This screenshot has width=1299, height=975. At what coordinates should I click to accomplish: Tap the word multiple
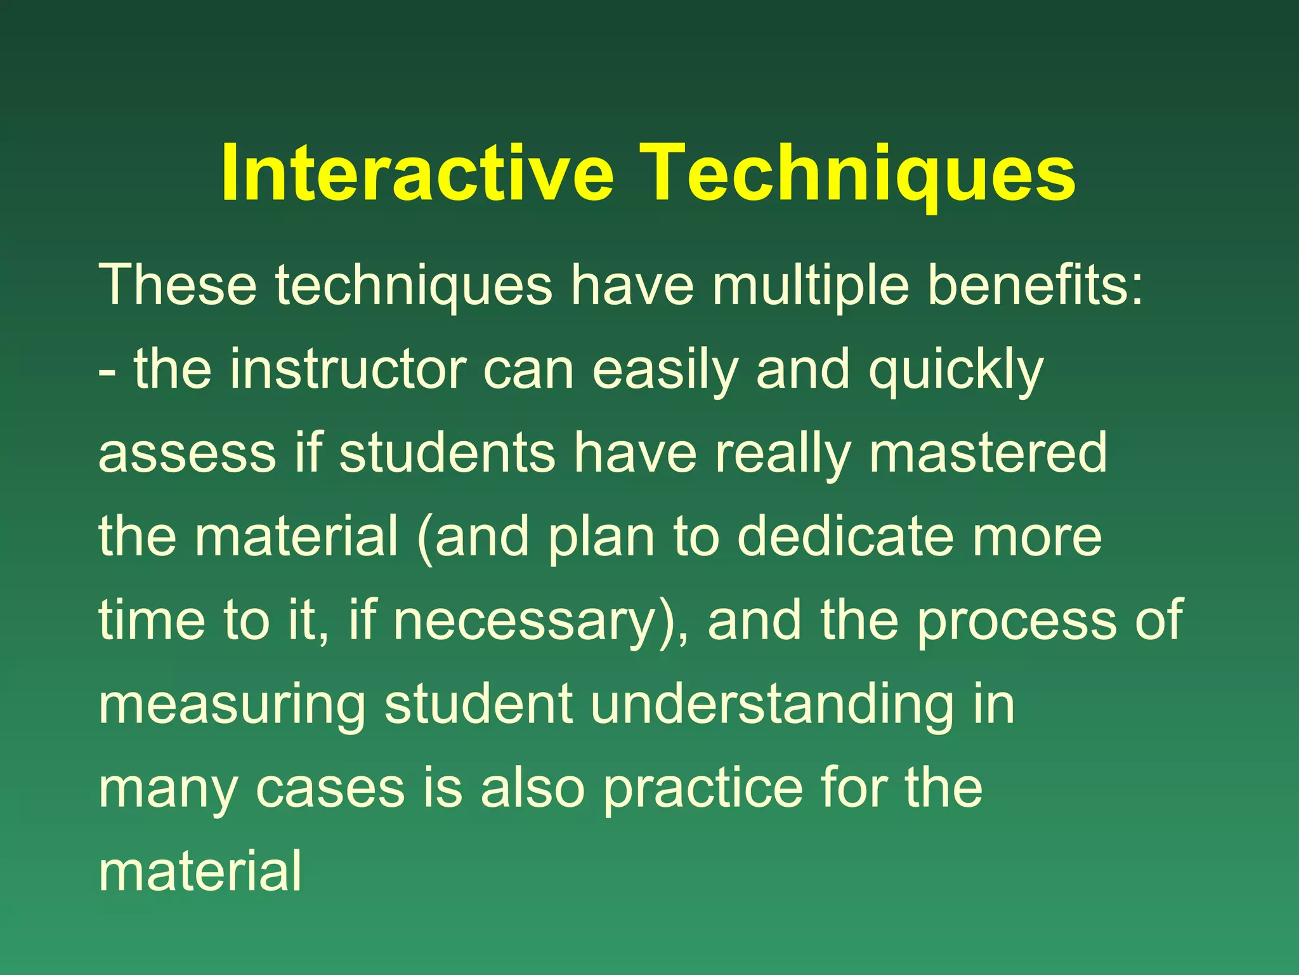pos(810,286)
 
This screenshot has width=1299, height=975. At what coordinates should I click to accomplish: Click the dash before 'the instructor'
pos(107,372)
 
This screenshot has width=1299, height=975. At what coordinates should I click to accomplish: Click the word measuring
pos(232,706)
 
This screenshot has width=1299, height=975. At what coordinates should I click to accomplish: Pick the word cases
pos(330,788)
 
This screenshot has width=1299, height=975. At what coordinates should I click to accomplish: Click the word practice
pos(702,788)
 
